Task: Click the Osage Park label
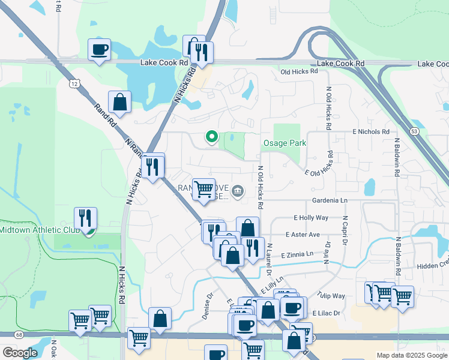click(285, 143)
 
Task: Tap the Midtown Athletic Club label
click(39, 229)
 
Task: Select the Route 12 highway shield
click(73, 83)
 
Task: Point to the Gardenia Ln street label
click(330, 200)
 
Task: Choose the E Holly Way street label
click(311, 218)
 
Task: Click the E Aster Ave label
click(303, 235)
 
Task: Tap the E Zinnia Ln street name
click(297, 254)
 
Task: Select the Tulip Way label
click(331, 296)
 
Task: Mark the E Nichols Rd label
click(367, 131)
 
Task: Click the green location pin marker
click(211, 137)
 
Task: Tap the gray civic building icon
click(238, 191)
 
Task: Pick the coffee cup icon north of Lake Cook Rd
click(100, 49)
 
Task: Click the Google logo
click(20, 353)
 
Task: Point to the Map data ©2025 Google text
click(411, 355)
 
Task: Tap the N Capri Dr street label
click(345, 229)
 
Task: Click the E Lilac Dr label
click(326, 313)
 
